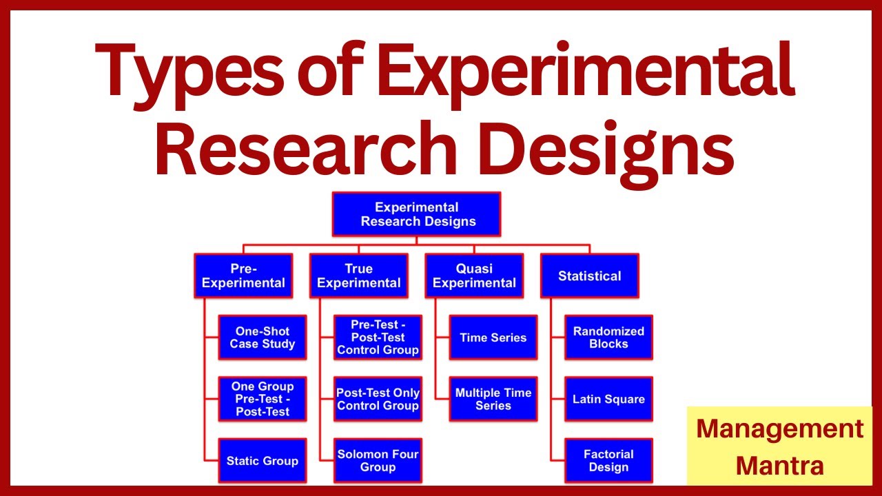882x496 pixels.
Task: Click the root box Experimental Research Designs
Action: pyautogui.click(x=417, y=214)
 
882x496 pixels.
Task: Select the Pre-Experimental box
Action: pyautogui.click(x=243, y=276)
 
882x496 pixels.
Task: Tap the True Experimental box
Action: pyautogui.click(x=359, y=276)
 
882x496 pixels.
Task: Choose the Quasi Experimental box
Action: pyautogui.click(x=474, y=276)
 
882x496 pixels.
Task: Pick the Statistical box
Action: pyautogui.click(x=589, y=276)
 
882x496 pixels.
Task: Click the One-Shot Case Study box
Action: pyautogui.click(x=263, y=338)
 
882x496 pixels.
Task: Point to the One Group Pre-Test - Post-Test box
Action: pyautogui.click(x=263, y=399)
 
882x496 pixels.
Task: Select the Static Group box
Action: pyautogui.click(x=263, y=461)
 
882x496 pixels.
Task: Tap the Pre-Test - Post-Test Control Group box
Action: pyautogui.click(x=378, y=338)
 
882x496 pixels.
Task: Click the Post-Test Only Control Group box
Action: pyautogui.click(x=378, y=399)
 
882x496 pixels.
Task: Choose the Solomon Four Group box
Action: pyautogui.click(x=378, y=461)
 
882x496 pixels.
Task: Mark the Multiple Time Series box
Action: pyautogui.click(x=493, y=399)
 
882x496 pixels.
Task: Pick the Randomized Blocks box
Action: pyautogui.click(x=608, y=338)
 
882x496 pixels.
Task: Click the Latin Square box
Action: pyautogui.click(x=608, y=399)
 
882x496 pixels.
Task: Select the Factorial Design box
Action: pyautogui.click(x=608, y=461)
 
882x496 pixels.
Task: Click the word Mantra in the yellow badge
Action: pyautogui.click(x=779, y=466)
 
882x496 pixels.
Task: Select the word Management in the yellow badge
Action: pyautogui.click(x=780, y=430)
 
